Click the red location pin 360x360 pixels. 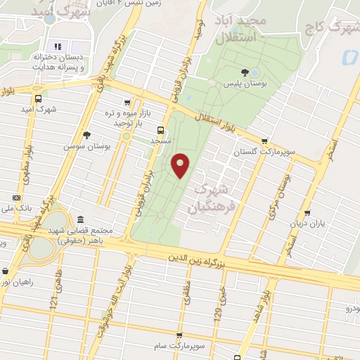tap(181, 165)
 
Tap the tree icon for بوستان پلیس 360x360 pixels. tap(245, 72)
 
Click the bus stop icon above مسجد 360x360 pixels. tap(161, 130)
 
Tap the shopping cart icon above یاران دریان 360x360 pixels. tap(307, 214)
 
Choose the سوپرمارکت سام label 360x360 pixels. tap(179, 346)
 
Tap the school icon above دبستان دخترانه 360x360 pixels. tap(58, 46)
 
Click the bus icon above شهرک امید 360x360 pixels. tap(38, 98)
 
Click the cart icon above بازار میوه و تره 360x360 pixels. tap(127, 101)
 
